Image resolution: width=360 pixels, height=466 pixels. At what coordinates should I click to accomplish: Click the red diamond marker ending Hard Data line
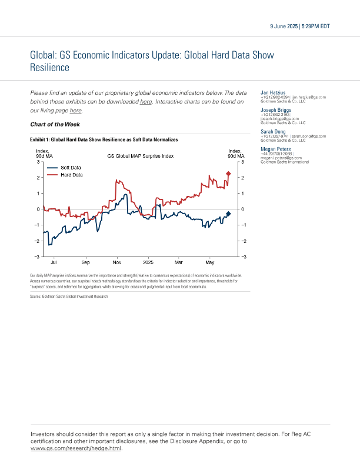[228, 174]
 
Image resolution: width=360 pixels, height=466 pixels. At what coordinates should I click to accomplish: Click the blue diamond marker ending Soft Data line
[228, 214]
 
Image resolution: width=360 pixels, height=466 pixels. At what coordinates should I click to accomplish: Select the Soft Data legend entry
[71, 168]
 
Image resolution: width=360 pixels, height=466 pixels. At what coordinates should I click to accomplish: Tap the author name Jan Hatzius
[273, 92]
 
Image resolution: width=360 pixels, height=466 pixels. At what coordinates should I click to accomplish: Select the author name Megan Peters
[275, 149]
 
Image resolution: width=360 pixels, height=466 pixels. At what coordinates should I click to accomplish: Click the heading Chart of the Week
[55, 124]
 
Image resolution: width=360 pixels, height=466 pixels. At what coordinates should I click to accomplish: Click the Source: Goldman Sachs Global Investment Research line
[69, 297]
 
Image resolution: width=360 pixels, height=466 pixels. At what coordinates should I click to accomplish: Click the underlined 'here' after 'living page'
[76, 111]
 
